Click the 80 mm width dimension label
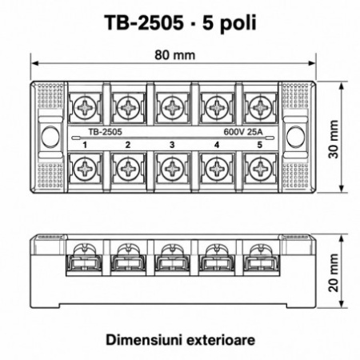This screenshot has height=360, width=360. point(175,55)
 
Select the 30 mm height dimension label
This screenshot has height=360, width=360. point(334,139)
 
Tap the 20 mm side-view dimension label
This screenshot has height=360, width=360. point(334,272)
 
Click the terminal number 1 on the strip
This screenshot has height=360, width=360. point(85,145)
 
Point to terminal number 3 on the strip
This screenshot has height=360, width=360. point(172,145)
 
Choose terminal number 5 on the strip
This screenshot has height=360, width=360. point(260,145)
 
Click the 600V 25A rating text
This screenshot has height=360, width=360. point(243,132)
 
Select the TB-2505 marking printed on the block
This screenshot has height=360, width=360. point(105,132)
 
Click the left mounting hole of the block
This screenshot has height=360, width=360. point(50,137)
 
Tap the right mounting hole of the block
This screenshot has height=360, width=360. point(295,137)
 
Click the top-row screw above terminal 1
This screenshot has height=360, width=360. point(85,108)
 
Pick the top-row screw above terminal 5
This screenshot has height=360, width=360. point(261,108)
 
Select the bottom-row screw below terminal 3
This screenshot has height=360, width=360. point(173,169)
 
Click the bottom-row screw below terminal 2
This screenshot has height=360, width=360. point(129,169)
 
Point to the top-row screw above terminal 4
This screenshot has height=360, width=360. point(217,108)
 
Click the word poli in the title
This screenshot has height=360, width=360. point(238,23)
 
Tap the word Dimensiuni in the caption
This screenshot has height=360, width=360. point(143,340)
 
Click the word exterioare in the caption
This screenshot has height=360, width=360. point(220,340)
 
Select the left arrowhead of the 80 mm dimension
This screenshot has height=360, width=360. point(35,63)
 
